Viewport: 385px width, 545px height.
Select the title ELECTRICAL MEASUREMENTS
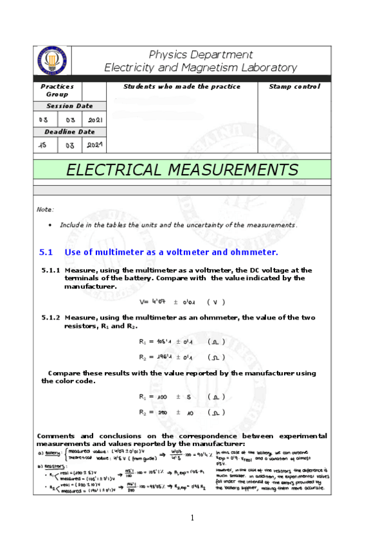click(x=182, y=170)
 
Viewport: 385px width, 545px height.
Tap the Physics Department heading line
click(x=201, y=55)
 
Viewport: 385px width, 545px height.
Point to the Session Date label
click(x=69, y=106)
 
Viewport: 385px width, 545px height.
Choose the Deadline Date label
click(x=69, y=132)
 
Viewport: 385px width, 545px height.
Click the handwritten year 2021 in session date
click(x=95, y=120)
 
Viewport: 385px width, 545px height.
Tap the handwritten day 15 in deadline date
click(x=43, y=145)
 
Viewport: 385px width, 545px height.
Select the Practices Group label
click(x=57, y=90)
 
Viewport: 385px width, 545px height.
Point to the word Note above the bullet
click(x=45, y=210)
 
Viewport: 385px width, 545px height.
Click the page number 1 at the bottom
click(x=192, y=518)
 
